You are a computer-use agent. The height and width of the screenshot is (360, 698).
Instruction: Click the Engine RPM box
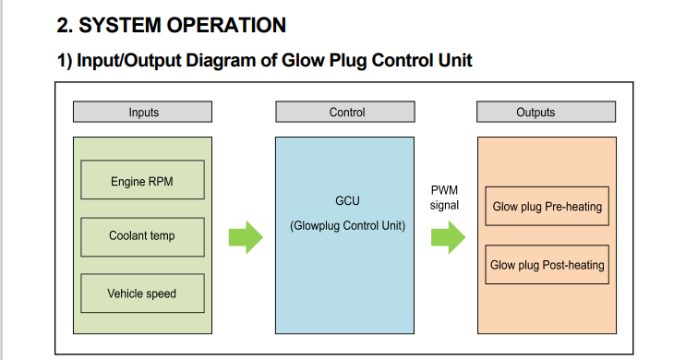(142, 180)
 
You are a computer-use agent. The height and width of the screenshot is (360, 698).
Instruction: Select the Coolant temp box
(142, 237)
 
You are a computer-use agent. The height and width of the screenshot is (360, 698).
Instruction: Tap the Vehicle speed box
(142, 294)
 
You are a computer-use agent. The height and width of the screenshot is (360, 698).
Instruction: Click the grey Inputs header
(142, 112)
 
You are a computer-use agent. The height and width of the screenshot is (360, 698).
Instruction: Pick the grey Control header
(345, 112)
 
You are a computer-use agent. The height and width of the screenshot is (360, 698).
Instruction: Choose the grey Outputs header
(547, 112)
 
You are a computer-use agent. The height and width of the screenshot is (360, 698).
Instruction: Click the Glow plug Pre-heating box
(548, 206)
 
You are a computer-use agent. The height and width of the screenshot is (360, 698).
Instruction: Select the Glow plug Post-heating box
(548, 264)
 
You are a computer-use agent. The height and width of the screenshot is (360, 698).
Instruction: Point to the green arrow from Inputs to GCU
(246, 237)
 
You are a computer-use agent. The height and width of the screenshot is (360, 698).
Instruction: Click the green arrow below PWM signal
(449, 237)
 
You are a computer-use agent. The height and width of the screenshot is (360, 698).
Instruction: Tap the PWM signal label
(444, 198)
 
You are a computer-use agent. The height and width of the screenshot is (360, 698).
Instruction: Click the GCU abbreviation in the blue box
(347, 201)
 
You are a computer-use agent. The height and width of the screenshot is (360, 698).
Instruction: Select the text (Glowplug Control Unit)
(348, 226)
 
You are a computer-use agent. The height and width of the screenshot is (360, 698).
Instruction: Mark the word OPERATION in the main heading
(226, 25)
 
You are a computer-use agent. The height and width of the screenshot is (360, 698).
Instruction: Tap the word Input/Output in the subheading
(128, 61)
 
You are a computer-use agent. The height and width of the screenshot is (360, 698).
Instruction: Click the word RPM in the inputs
(161, 182)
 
